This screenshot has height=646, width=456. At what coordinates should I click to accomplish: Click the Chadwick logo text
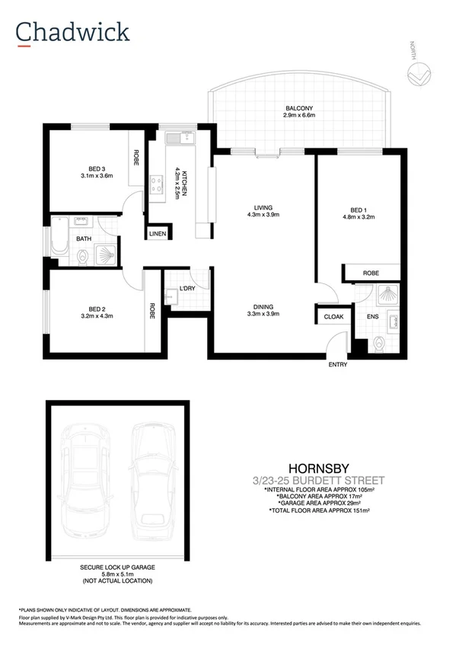coord(74,31)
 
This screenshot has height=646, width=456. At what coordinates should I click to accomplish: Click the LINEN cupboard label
coord(158,233)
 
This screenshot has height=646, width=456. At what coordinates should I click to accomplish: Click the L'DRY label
coord(187,288)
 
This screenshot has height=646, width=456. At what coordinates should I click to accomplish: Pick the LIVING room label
coord(264,207)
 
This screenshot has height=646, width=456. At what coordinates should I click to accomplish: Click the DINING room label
coord(264,309)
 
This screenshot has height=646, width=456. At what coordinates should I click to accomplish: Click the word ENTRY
coord(337,365)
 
